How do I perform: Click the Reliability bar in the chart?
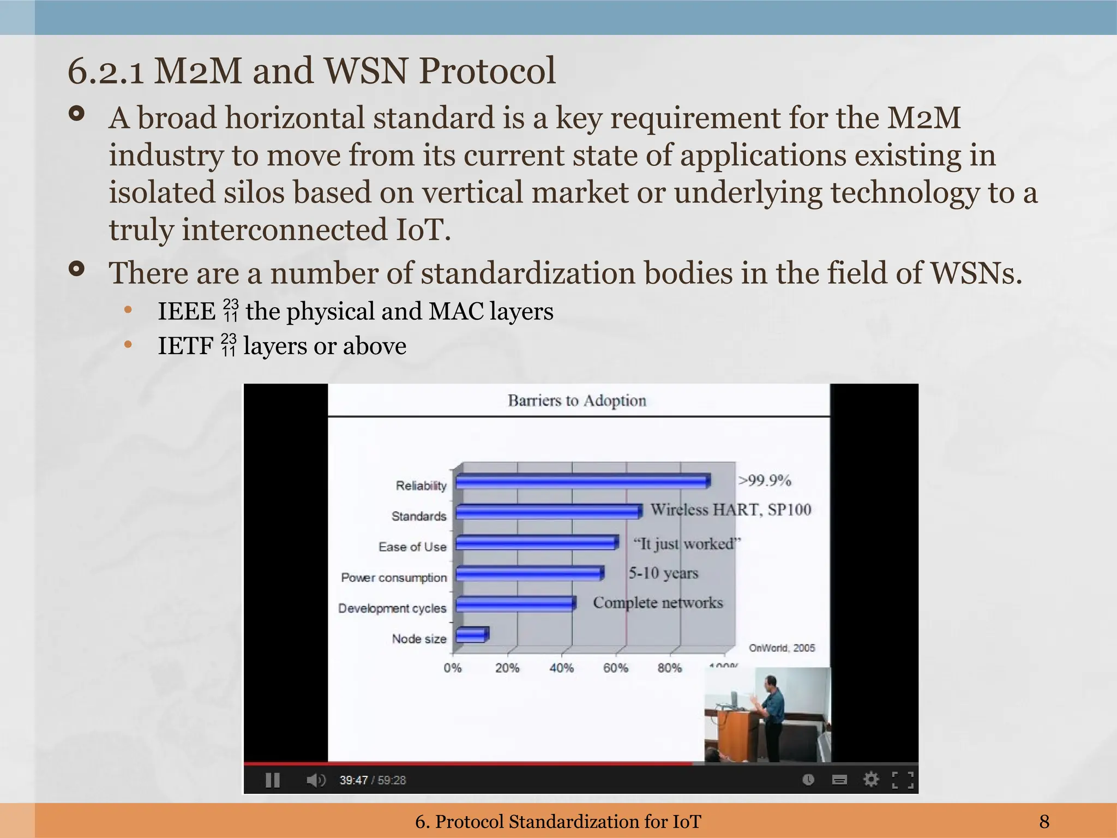(x=582, y=482)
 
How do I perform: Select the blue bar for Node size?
(x=472, y=635)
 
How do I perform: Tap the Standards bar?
(x=548, y=512)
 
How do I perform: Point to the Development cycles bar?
(x=515, y=604)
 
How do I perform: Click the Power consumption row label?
(x=394, y=577)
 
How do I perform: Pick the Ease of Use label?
(x=412, y=547)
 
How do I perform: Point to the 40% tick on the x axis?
(x=561, y=668)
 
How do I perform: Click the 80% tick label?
(x=670, y=668)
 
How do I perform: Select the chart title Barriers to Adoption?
(x=576, y=400)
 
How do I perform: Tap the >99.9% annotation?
(x=764, y=480)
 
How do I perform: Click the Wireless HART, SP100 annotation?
(x=731, y=510)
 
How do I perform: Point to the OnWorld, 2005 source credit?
(x=782, y=648)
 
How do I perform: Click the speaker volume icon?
(x=315, y=780)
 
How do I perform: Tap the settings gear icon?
(x=871, y=780)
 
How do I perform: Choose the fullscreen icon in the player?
(x=903, y=780)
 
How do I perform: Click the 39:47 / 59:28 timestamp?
(x=373, y=780)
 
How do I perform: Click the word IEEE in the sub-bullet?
(x=187, y=312)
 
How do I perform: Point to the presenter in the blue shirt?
(x=770, y=709)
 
